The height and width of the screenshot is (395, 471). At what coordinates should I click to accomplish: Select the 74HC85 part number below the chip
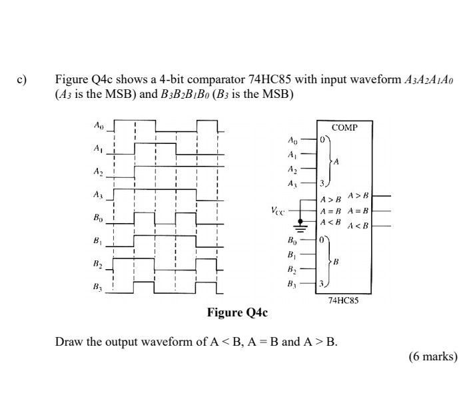343,300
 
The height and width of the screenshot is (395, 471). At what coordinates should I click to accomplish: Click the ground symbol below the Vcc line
302,229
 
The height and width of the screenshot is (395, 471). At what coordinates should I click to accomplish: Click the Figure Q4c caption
236,312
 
